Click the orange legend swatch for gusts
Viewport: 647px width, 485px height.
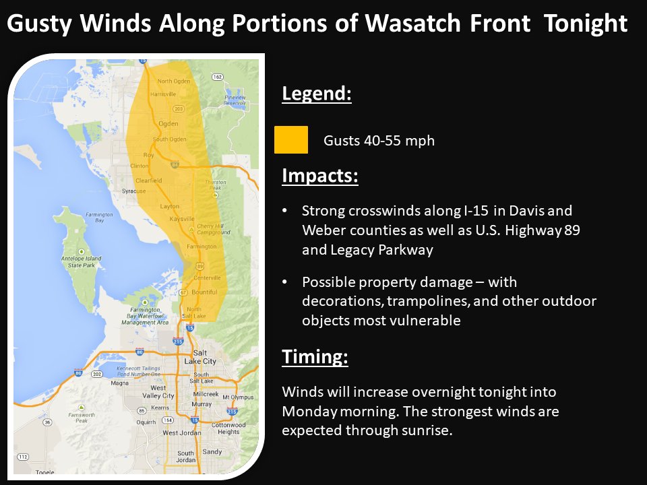click(291, 140)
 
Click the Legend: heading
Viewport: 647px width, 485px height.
click(317, 94)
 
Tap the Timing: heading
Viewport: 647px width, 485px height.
click(315, 356)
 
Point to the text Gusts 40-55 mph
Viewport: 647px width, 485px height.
click(379, 141)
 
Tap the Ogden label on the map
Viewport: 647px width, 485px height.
click(168, 123)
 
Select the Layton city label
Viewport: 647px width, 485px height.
click(170, 206)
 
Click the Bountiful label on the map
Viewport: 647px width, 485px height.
click(204, 292)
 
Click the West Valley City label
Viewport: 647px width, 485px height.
click(162, 392)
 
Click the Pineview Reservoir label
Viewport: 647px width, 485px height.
click(235, 100)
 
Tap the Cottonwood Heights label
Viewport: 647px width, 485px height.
click(228, 428)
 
